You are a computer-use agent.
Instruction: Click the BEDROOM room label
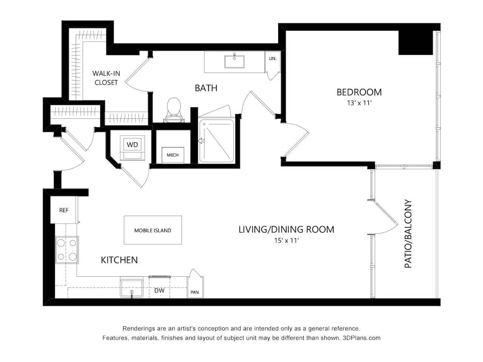pyautogui.click(x=359, y=92)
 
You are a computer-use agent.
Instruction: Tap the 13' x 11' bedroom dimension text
pyautogui.click(x=359, y=103)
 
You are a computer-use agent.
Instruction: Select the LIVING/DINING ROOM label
pyautogui.click(x=286, y=229)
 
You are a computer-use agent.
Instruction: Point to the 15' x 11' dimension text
pyautogui.click(x=286, y=241)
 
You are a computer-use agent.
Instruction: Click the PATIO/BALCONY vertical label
pyautogui.click(x=408, y=234)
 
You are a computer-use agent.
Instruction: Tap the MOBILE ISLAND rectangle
pyautogui.click(x=153, y=230)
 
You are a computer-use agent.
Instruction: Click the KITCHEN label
pyautogui.click(x=119, y=260)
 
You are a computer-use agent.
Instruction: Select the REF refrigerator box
pyautogui.click(x=64, y=210)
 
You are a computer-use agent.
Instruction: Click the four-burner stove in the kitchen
pyautogui.click(x=67, y=249)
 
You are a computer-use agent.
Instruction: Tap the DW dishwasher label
pyautogui.click(x=159, y=290)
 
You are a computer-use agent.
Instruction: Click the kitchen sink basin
pyautogui.click(x=131, y=288)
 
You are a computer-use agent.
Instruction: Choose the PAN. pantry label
pyautogui.click(x=195, y=292)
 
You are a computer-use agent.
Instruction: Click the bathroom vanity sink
pyautogui.click(x=234, y=62)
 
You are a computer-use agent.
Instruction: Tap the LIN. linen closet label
pyautogui.click(x=272, y=59)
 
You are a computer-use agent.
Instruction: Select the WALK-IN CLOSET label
pyautogui.click(x=106, y=78)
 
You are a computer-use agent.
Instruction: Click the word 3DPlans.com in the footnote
pyautogui.click(x=361, y=338)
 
